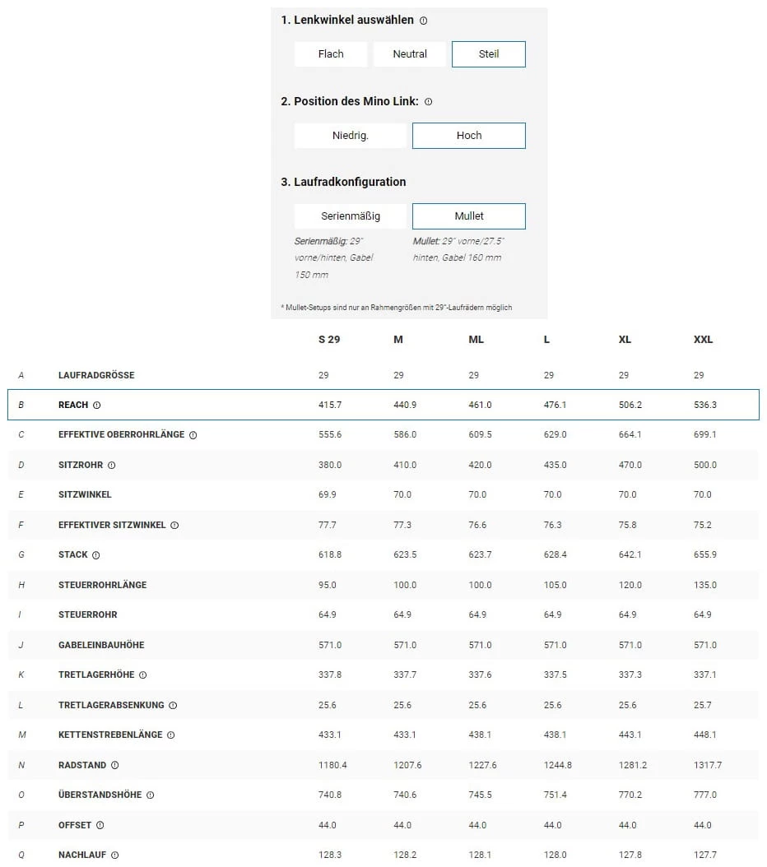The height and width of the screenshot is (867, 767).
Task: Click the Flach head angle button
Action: click(x=331, y=54)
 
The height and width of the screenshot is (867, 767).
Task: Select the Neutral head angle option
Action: click(x=410, y=54)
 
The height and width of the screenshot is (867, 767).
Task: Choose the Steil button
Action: click(x=489, y=54)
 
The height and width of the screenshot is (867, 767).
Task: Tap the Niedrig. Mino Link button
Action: click(x=351, y=136)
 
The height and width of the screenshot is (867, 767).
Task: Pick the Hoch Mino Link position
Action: click(x=469, y=136)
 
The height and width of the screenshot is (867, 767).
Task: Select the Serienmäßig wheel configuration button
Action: click(x=351, y=216)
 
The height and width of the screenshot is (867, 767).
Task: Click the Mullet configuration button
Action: click(x=469, y=216)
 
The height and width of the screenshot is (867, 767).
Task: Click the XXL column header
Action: click(x=703, y=340)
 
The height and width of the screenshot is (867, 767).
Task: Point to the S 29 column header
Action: click(x=329, y=340)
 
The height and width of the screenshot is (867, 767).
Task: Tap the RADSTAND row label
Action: click(x=82, y=765)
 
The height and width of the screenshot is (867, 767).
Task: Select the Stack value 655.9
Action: click(x=705, y=554)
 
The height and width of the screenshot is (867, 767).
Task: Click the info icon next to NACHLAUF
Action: click(x=114, y=855)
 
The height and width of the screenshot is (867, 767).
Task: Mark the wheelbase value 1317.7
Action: click(x=708, y=765)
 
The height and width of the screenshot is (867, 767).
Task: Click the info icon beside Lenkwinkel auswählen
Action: click(x=423, y=21)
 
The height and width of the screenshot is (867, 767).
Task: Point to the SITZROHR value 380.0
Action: click(x=330, y=465)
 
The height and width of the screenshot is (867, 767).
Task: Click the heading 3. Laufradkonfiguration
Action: click(x=343, y=182)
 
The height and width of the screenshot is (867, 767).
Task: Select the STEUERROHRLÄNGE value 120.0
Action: click(x=630, y=585)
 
